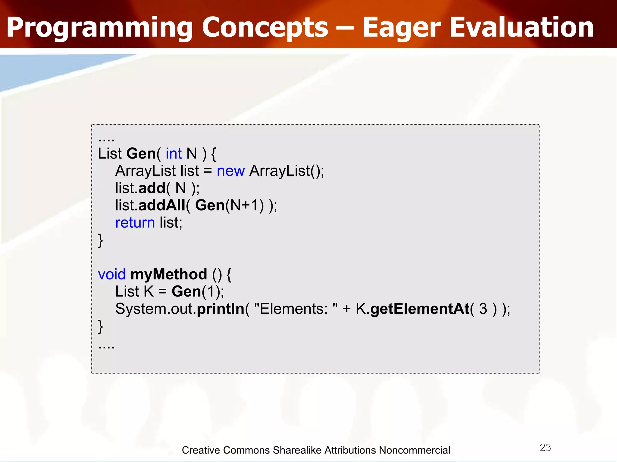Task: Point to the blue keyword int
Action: pyautogui.click(x=174, y=154)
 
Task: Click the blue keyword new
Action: pyautogui.click(x=230, y=171)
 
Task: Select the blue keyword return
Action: pyautogui.click(x=135, y=223)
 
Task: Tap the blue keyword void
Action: pyautogui.click(x=111, y=274)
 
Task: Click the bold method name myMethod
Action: pyautogui.click(x=169, y=275)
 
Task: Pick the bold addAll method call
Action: pyautogui.click(x=162, y=205)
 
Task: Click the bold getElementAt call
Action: pyautogui.click(x=420, y=309)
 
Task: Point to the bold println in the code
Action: pyautogui.click(x=220, y=309)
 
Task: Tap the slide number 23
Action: pyautogui.click(x=545, y=447)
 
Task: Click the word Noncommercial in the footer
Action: pyautogui.click(x=414, y=450)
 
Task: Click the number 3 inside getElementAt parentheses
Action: pyautogui.click(x=483, y=309)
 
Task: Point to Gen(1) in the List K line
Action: pyautogui.click(x=197, y=292)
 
